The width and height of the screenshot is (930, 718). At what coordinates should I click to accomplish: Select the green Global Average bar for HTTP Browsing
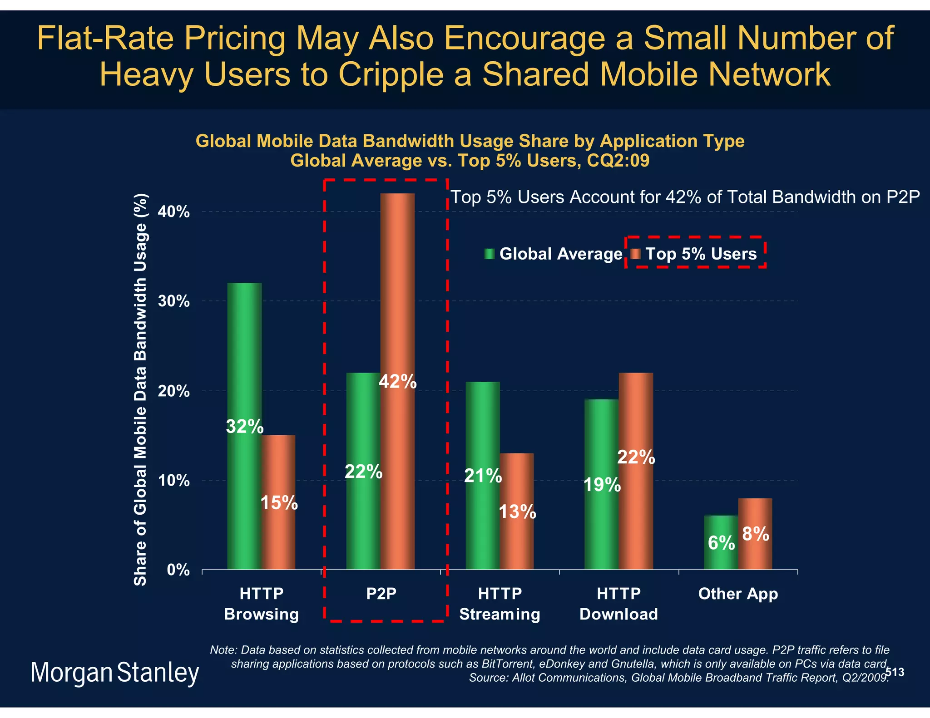pos(244,363)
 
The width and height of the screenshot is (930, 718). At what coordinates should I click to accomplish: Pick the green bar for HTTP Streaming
pos(482,431)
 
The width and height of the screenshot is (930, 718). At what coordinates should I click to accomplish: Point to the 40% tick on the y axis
pos(174,212)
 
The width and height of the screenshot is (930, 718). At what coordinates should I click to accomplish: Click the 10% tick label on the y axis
pos(174,481)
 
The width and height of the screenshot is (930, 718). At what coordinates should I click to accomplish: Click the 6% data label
pos(721,543)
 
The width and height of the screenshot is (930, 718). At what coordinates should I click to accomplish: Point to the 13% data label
pos(517,512)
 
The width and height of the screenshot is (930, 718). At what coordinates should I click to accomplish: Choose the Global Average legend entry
pos(554,254)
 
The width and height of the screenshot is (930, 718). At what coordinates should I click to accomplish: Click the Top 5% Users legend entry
pos(695,254)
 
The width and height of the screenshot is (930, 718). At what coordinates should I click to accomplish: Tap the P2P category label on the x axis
pos(381,594)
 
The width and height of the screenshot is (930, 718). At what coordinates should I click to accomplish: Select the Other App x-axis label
pos(738,594)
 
